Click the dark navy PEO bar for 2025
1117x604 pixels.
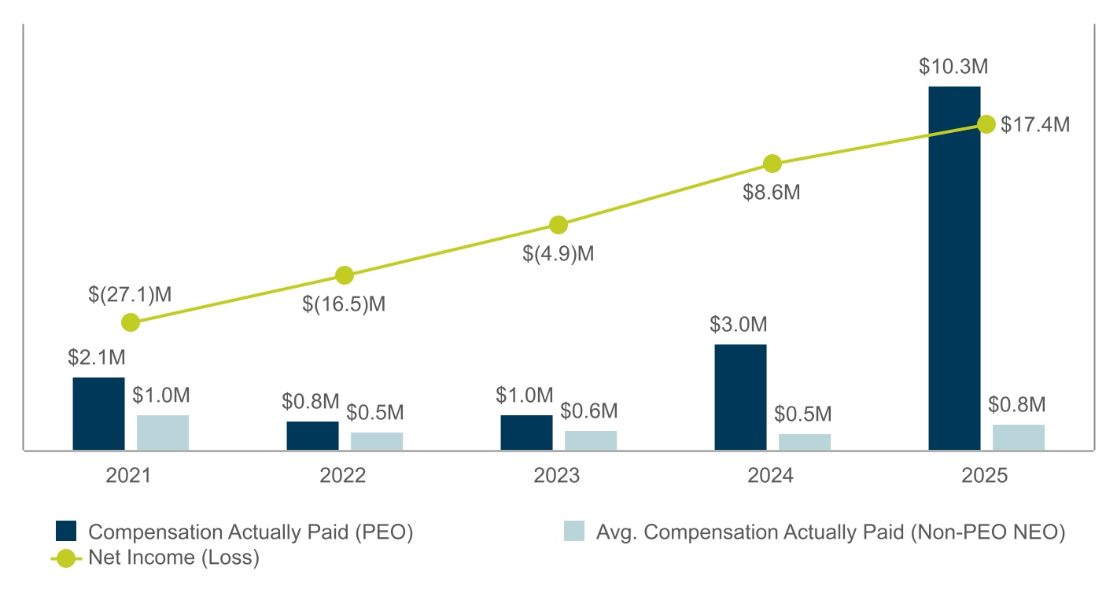954,268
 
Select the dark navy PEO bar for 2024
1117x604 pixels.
740,397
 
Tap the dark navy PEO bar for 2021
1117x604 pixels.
99,414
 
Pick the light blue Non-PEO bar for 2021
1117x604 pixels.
163,433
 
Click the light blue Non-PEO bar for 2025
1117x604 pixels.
1019,437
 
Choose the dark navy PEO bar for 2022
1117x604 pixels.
312,436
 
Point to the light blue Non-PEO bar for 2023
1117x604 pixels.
591,440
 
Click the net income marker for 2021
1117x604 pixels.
131,322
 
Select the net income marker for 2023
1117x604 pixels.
558,225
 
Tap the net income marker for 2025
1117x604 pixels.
986,124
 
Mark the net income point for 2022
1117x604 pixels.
345,274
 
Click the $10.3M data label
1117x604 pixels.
953,66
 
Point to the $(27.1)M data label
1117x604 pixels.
130,294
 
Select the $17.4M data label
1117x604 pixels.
1035,125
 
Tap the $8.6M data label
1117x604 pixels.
772,192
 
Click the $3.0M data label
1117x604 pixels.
739,324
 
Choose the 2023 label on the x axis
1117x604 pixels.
556,475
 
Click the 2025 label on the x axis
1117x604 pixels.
984,475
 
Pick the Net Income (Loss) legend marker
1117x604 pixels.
66,558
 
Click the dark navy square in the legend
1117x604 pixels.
66,531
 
